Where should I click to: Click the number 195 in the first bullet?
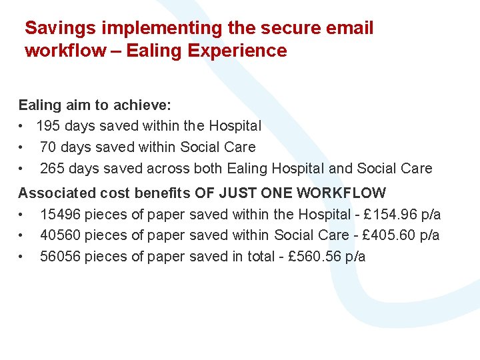(48, 126)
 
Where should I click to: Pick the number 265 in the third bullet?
(53, 169)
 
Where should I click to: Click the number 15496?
(60, 214)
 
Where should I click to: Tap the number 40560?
(60, 235)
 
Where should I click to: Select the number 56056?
(60, 257)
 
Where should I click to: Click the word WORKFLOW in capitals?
(341, 193)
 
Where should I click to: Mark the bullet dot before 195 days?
(22, 126)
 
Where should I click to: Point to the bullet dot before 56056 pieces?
(22, 257)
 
